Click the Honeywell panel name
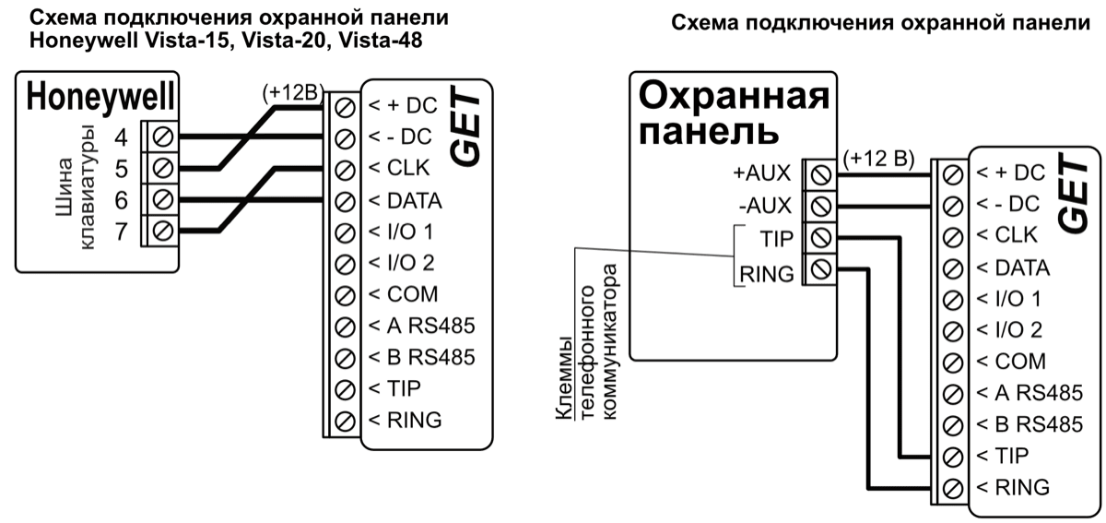[x=101, y=97]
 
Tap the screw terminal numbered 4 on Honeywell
[x=163, y=138]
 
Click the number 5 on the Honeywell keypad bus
[x=122, y=169]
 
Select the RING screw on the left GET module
[x=347, y=421]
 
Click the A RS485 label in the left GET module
[x=421, y=326]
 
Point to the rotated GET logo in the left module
[x=469, y=128]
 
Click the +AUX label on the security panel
[x=762, y=173]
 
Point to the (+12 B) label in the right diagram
[x=878, y=159]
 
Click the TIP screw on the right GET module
[x=954, y=455]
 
